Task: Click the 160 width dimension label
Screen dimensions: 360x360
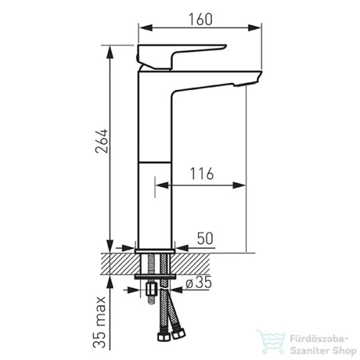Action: coord(201,19)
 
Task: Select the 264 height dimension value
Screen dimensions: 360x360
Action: coord(102,141)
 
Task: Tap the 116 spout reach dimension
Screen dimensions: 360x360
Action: coord(202,174)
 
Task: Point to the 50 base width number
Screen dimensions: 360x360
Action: coord(205,238)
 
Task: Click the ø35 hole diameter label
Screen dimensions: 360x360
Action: coord(199,282)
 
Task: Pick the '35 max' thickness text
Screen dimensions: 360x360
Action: coord(99,322)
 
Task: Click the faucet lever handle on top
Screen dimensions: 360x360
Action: coord(181,56)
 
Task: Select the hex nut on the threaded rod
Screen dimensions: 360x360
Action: coord(151,289)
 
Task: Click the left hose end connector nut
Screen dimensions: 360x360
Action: coord(164,336)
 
